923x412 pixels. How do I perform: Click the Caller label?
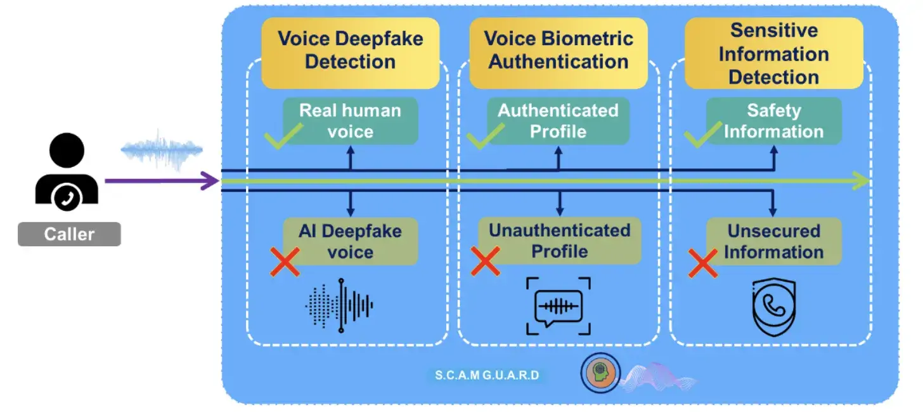pyautogui.click(x=69, y=234)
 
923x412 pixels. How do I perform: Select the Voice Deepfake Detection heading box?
pyautogui.click(x=350, y=50)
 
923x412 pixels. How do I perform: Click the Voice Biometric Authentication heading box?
pyautogui.click(x=558, y=50)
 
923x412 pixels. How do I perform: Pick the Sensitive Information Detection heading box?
pyautogui.click(x=773, y=53)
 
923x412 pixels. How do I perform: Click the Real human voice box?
pyautogui.click(x=350, y=121)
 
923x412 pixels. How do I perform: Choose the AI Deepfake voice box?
pyautogui.click(x=350, y=241)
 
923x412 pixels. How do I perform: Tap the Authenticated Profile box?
pyautogui.click(x=558, y=121)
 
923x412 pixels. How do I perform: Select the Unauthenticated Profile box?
pyautogui.click(x=559, y=241)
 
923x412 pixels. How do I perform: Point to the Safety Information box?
pyautogui.click(x=773, y=121)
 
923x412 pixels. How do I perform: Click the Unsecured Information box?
pyautogui.click(x=773, y=241)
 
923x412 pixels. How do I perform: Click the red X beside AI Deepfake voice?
pyautogui.click(x=285, y=262)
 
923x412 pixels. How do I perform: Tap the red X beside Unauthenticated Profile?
pyautogui.click(x=486, y=262)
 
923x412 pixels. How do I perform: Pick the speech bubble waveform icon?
pyautogui.click(x=558, y=306)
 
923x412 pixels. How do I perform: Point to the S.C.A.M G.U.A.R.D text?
pyautogui.click(x=487, y=375)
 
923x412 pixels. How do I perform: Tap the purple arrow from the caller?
pyautogui.click(x=162, y=182)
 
